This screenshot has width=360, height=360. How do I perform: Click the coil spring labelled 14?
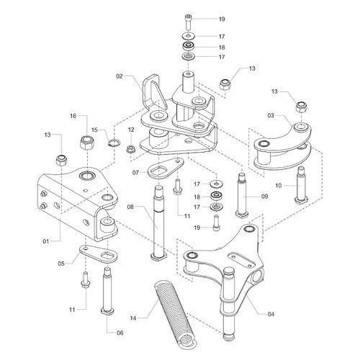[175, 315]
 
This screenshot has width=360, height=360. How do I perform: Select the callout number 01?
[46, 241]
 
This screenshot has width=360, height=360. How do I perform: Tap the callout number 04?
[271, 314]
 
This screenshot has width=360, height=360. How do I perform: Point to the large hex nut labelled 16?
[86, 143]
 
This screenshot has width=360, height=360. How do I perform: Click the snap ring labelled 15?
[113, 143]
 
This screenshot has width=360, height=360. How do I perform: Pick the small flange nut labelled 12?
[131, 149]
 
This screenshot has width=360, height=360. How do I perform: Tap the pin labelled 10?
[301, 185]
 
